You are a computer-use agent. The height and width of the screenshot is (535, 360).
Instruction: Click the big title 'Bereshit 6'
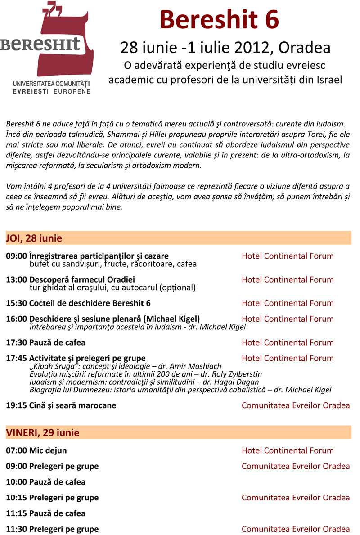(219, 20)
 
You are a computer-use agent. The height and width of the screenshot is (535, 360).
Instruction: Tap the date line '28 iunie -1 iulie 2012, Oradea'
(225, 47)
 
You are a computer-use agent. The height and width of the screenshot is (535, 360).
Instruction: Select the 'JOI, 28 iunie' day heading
(34, 238)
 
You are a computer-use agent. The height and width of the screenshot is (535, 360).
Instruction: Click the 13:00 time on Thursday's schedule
(16, 279)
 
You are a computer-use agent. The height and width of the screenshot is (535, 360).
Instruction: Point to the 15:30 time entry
(16, 303)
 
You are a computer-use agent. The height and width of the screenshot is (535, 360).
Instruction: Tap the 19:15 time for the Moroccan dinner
(16, 405)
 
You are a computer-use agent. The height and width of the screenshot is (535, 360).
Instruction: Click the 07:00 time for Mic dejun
(16, 450)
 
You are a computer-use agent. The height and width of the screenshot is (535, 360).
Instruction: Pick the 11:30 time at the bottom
(16, 529)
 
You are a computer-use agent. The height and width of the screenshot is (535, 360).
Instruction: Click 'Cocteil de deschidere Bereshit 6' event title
(90, 303)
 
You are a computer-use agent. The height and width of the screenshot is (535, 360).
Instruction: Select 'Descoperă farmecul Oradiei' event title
(82, 279)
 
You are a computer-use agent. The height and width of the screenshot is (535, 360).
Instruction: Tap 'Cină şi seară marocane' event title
(72, 405)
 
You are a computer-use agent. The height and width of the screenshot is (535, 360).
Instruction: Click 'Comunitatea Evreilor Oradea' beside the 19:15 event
(296, 405)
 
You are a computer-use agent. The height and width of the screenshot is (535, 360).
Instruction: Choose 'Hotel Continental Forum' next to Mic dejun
(288, 450)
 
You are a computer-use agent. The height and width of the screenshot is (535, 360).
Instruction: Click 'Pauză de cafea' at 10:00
(57, 482)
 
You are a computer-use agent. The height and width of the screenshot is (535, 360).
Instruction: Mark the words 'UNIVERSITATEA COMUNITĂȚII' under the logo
(52, 84)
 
